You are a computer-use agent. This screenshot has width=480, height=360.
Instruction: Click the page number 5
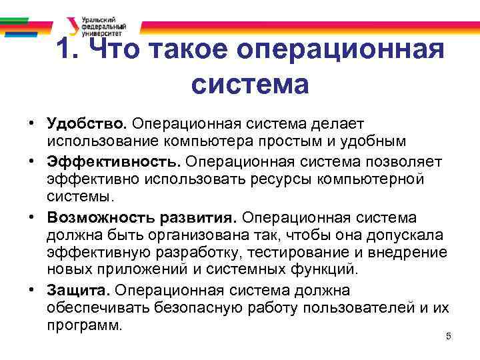pyautogui.click(x=448, y=337)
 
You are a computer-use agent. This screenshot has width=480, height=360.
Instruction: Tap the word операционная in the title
pyautogui.click(x=342, y=50)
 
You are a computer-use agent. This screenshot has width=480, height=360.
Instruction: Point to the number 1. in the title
pyautogui.click(x=69, y=50)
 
